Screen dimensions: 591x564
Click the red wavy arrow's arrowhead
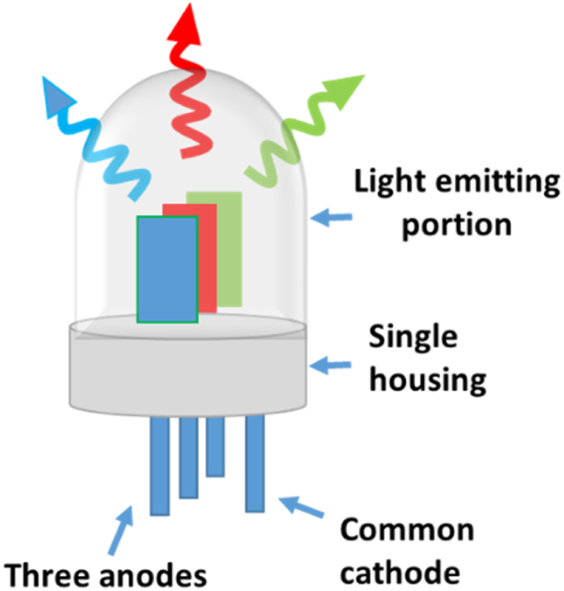(184, 23)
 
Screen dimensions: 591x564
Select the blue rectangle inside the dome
(165, 270)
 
